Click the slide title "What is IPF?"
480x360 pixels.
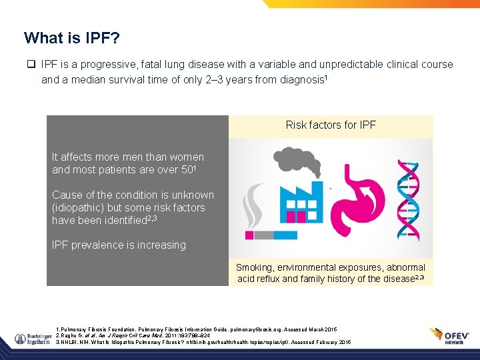(72, 38)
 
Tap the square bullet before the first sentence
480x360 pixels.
(31, 65)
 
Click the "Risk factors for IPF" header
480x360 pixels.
(331, 125)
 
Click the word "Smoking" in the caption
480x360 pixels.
(254, 267)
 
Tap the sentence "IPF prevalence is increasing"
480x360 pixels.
(119, 245)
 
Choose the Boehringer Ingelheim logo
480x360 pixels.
(28, 335)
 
